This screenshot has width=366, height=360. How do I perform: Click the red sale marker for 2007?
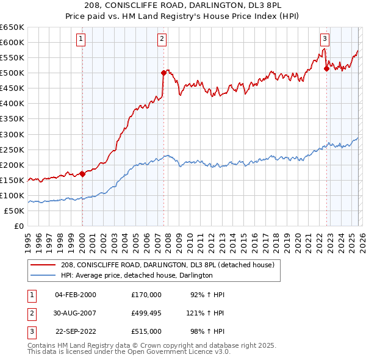163,73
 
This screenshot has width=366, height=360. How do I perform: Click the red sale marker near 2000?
82,174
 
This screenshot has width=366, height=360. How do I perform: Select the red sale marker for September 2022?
326,68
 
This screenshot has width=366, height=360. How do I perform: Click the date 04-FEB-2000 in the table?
76,295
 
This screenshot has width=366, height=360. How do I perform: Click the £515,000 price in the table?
146,333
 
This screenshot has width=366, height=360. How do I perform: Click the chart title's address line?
183,5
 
